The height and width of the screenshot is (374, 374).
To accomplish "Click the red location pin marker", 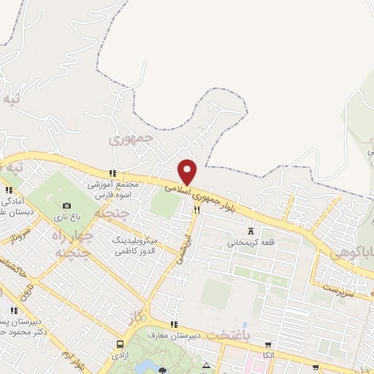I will coord(188,172).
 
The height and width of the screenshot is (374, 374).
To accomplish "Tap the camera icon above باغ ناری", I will coord(67,207).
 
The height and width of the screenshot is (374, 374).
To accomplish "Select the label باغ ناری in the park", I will coord(67,218).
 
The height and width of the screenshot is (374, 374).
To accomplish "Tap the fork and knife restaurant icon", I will coord(196,210).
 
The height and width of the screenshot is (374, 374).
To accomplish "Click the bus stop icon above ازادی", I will coord(120,343).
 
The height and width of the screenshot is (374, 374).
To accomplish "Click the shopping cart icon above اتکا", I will coord(268,345).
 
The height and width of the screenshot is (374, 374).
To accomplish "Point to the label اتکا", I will coord(268,356).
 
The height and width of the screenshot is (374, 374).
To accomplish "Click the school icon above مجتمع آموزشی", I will coord(112,173).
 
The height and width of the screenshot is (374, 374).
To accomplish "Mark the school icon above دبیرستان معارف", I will coord(173,325).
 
